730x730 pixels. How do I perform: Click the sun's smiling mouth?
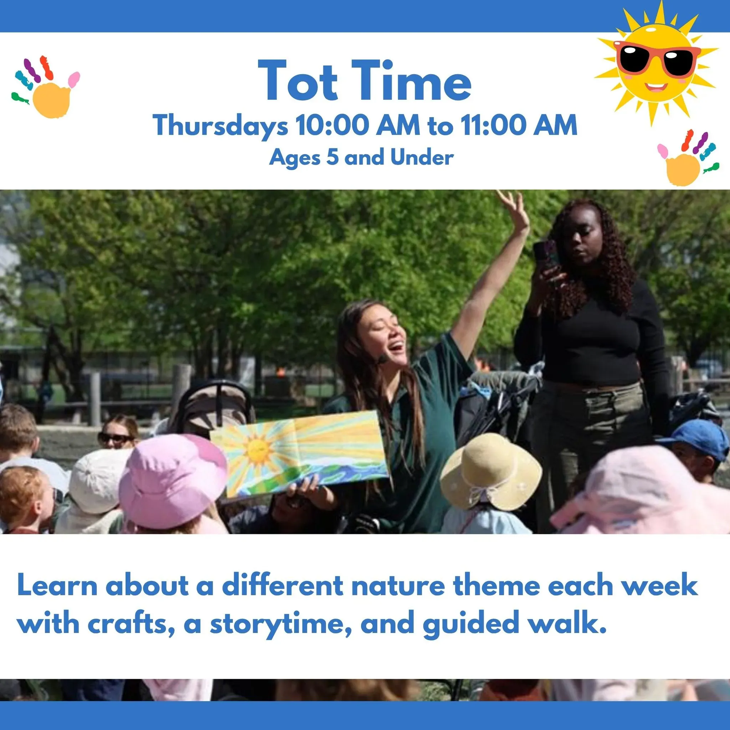(x=656, y=87)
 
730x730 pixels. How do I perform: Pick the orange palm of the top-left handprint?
(x=51, y=99)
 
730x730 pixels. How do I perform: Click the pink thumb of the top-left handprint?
(x=74, y=79)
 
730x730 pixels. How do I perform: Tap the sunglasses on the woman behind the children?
(x=115, y=439)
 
